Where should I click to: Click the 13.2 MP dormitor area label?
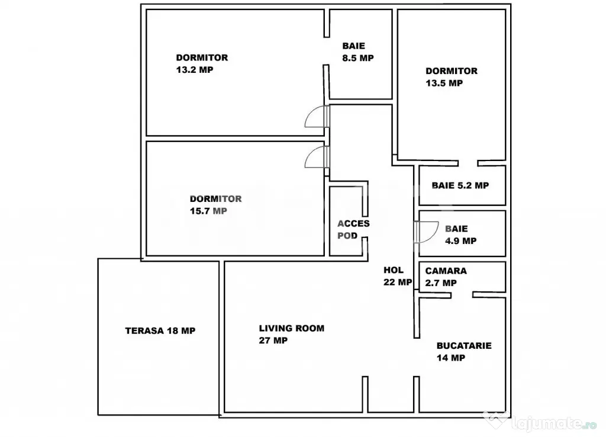(194, 70)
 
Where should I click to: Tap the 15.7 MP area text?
(208, 211)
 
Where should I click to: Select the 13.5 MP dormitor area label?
(444, 83)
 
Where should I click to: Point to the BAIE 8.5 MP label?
(358, 52)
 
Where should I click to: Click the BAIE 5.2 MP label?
(460, 185)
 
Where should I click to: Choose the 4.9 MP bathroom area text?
(460, 240)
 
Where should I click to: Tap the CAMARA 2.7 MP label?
(446, 277)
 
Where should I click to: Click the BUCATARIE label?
(464, 345)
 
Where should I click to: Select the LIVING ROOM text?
(291, 328)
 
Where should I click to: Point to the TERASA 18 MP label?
(160, 330)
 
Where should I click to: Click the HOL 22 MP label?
(398, 276)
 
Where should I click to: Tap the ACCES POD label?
(353, 229)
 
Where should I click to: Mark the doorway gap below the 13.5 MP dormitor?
(468, 163)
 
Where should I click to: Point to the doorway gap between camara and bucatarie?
(462, 295)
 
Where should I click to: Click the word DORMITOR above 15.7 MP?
(215, 199)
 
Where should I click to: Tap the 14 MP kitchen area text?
(450, 358)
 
